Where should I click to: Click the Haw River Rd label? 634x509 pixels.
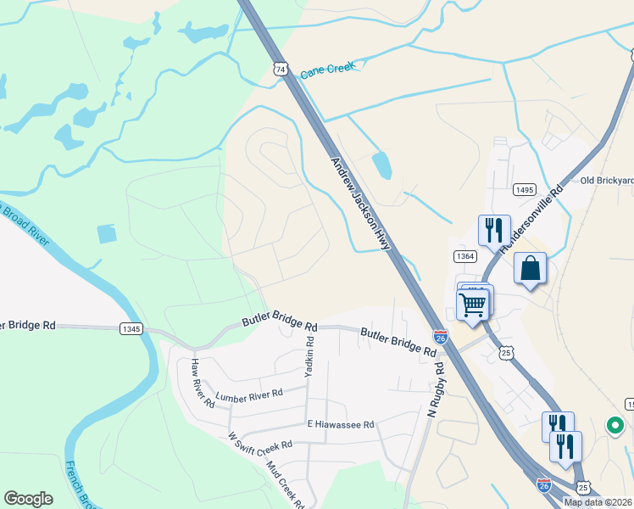pyautogui.click(x=203, y=383)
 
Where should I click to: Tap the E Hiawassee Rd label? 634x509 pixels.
pyautogui.click(x=341, y=424)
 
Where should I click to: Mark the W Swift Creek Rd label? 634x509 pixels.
pyautogui.click(x=260, y=441)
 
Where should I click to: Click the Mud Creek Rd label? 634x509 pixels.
pyautogui.click(x=285, y=484)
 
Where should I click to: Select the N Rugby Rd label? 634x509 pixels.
pyautogui.click(x=437, y=390)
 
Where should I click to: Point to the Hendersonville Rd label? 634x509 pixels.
pyautogui.click(x=531, y=218)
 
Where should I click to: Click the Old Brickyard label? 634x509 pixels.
pyautogui.click(x=606, y=180)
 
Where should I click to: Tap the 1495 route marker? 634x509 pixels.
pyautogui.click(x=524, y=190)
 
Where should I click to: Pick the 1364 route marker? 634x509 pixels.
pyautogui.click(x=465, y=256)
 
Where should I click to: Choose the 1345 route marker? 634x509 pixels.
pyautogui.click(x=131, y=328)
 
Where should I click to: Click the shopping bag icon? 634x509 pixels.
pyautogui.click(x=530, y=268)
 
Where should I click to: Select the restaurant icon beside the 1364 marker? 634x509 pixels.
pyautogui.click(x=494, y=229)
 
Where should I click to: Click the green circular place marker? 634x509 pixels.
pyautogui.click(x=611, y=425)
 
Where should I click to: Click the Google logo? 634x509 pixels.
pyautogui.click(x=29, y=499)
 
